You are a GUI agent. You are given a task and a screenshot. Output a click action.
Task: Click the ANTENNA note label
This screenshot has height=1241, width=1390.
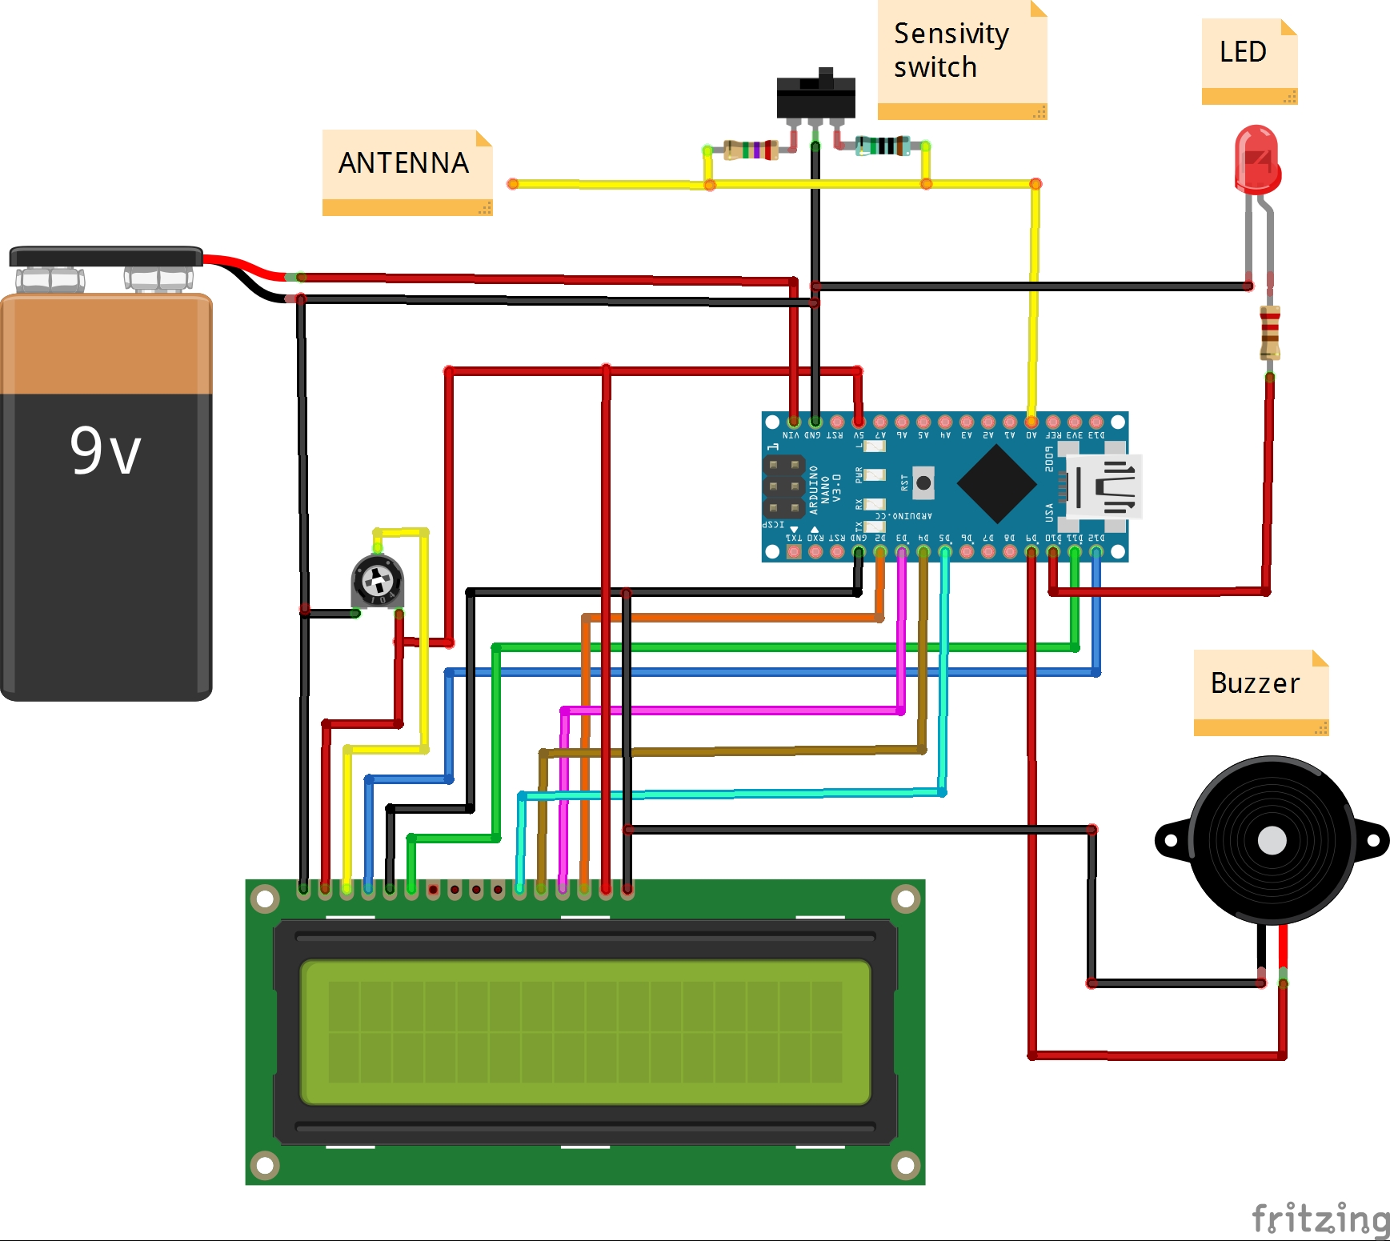click(x=404, y=164)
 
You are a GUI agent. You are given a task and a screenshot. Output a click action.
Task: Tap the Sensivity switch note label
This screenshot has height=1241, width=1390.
click(x=952, y=50)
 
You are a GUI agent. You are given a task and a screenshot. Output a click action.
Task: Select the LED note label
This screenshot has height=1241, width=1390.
click(x=1243, y=53)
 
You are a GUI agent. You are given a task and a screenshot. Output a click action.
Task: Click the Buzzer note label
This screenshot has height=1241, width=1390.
click(x=1255, y=684)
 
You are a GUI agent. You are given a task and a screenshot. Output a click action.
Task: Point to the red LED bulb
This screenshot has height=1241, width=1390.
click(x=1257, y=159)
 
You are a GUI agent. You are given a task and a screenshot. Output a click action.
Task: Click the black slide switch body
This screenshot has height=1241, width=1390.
click(x=815, y=97)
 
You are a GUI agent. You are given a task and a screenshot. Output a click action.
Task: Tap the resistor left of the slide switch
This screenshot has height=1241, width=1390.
click(x=751, y=150)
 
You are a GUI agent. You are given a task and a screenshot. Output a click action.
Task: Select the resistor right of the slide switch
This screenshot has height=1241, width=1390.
click(x=883, y=146)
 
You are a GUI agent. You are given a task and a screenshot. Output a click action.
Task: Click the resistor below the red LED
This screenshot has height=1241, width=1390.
click(x=1270, y=332)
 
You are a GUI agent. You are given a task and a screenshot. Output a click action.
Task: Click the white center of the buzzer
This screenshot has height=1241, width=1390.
click(x=1272, y=841)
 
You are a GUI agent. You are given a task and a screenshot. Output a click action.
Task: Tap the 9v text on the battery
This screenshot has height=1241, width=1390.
click(x=106, y=450)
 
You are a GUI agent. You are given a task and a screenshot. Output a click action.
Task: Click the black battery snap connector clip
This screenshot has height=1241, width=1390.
click(x=106, y=257)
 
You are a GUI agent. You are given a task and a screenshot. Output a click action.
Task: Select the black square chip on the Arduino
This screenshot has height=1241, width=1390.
click(x=996, y=483)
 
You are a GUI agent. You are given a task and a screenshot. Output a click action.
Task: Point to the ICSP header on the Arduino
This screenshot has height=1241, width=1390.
click(x=783, y=486)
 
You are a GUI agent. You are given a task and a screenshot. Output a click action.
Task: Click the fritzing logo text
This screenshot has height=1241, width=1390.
click(x=1320, y=1219)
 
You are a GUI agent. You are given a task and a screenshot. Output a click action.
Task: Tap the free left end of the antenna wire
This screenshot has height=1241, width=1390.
click(x=513, y=184)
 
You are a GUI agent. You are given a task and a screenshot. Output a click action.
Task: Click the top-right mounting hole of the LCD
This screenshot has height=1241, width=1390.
click(x=906, y=899)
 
